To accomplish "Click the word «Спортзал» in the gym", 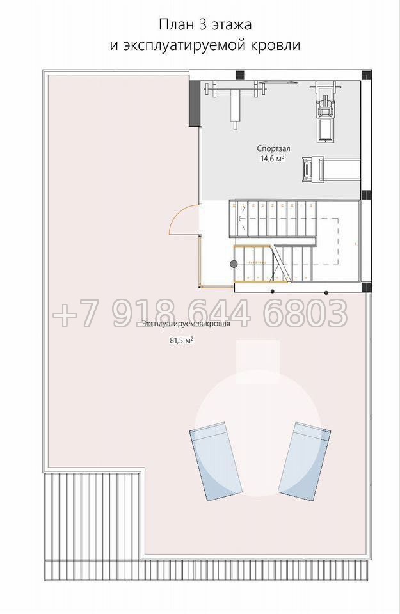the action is click(x=273, y=149).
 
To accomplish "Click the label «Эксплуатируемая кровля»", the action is click(x=186, y=324).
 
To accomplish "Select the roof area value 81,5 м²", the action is click(x=181, y=341).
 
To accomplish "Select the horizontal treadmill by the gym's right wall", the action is click(x=331, y=169).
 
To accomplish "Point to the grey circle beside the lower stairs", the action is click(x=234, y=264).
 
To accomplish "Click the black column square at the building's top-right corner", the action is click(x=366, y=75).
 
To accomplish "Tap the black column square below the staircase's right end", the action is click(x=365, y=287).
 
